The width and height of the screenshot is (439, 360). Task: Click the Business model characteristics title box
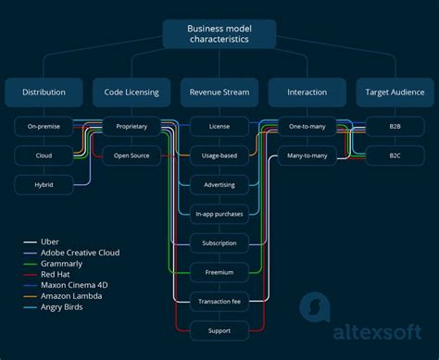219,34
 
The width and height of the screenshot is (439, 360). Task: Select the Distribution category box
44,92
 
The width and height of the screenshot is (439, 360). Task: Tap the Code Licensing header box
131,92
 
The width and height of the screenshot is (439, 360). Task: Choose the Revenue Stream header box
219,92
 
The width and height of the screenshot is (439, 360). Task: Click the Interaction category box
307,92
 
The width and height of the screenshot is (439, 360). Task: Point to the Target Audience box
395,92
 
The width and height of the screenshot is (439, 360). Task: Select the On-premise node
44,127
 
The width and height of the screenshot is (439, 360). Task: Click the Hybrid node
44,184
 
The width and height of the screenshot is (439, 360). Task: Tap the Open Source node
131,155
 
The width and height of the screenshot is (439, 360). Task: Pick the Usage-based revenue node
219,155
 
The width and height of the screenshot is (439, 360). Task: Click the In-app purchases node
219,214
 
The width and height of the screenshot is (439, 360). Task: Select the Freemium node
219,272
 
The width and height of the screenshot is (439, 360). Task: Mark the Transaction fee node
219,301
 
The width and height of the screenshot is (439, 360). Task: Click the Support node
219,330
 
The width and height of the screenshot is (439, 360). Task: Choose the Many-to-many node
307,155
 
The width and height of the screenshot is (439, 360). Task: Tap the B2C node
395,155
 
